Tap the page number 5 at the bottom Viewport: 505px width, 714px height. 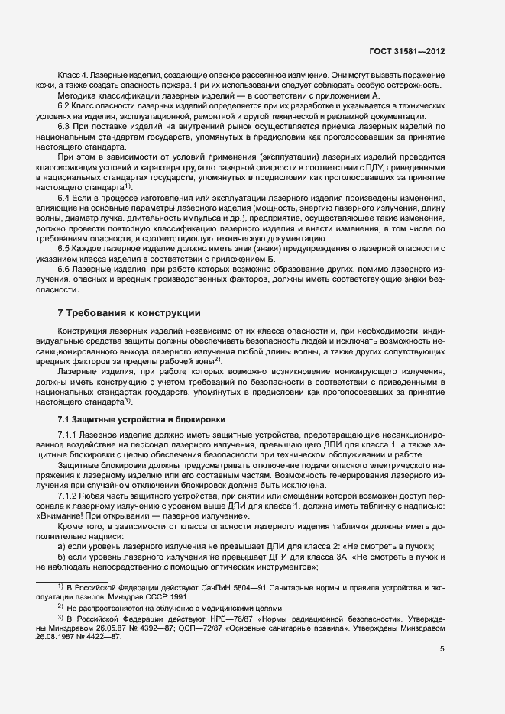coord(442,649)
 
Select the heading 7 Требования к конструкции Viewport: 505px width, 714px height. coord(129,312)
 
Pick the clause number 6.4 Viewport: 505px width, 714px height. coord(65,199)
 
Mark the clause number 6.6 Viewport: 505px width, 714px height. coord(65,271)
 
